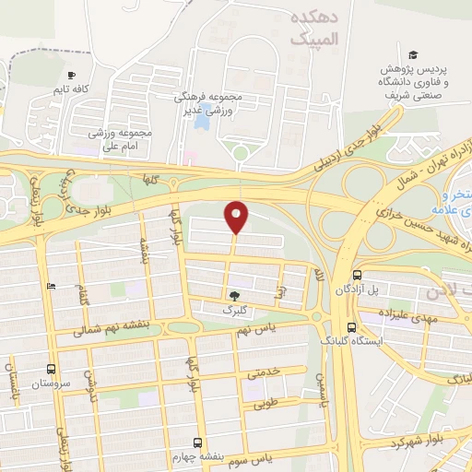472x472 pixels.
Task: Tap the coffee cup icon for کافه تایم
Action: click(x=72, y=75)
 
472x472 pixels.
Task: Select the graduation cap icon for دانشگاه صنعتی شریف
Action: click(x=414, y=54)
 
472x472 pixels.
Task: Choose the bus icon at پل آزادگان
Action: click(x=357, y=274)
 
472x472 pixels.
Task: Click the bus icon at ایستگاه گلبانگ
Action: click(x=350, y=327)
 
